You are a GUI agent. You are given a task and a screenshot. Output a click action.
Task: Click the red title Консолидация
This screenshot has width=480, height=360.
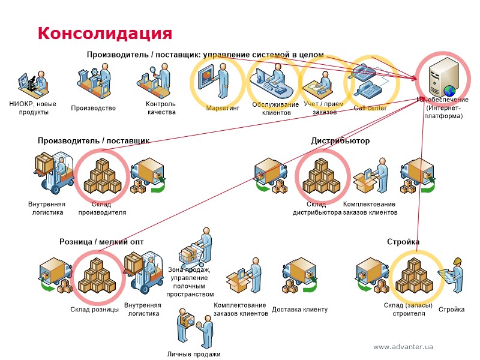pos(104,33)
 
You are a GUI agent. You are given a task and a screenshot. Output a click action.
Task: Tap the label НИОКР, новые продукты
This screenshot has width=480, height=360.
pos(32,108)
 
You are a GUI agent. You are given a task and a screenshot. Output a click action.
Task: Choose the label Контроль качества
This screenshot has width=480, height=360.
pos(161,108)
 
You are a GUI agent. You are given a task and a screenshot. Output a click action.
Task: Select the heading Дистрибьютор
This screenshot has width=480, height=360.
pos(340,141)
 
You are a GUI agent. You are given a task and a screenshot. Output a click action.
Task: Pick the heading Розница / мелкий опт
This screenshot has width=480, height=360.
pos(101,242)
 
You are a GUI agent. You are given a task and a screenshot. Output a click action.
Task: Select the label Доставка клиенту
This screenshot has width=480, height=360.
pos(299,310)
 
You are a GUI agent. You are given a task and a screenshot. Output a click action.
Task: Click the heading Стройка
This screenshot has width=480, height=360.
pos(403,242)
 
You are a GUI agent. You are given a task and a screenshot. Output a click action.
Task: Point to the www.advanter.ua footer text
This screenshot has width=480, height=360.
pos(403,347)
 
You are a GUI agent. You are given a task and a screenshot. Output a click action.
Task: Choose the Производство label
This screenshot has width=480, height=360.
pos(93,108)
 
